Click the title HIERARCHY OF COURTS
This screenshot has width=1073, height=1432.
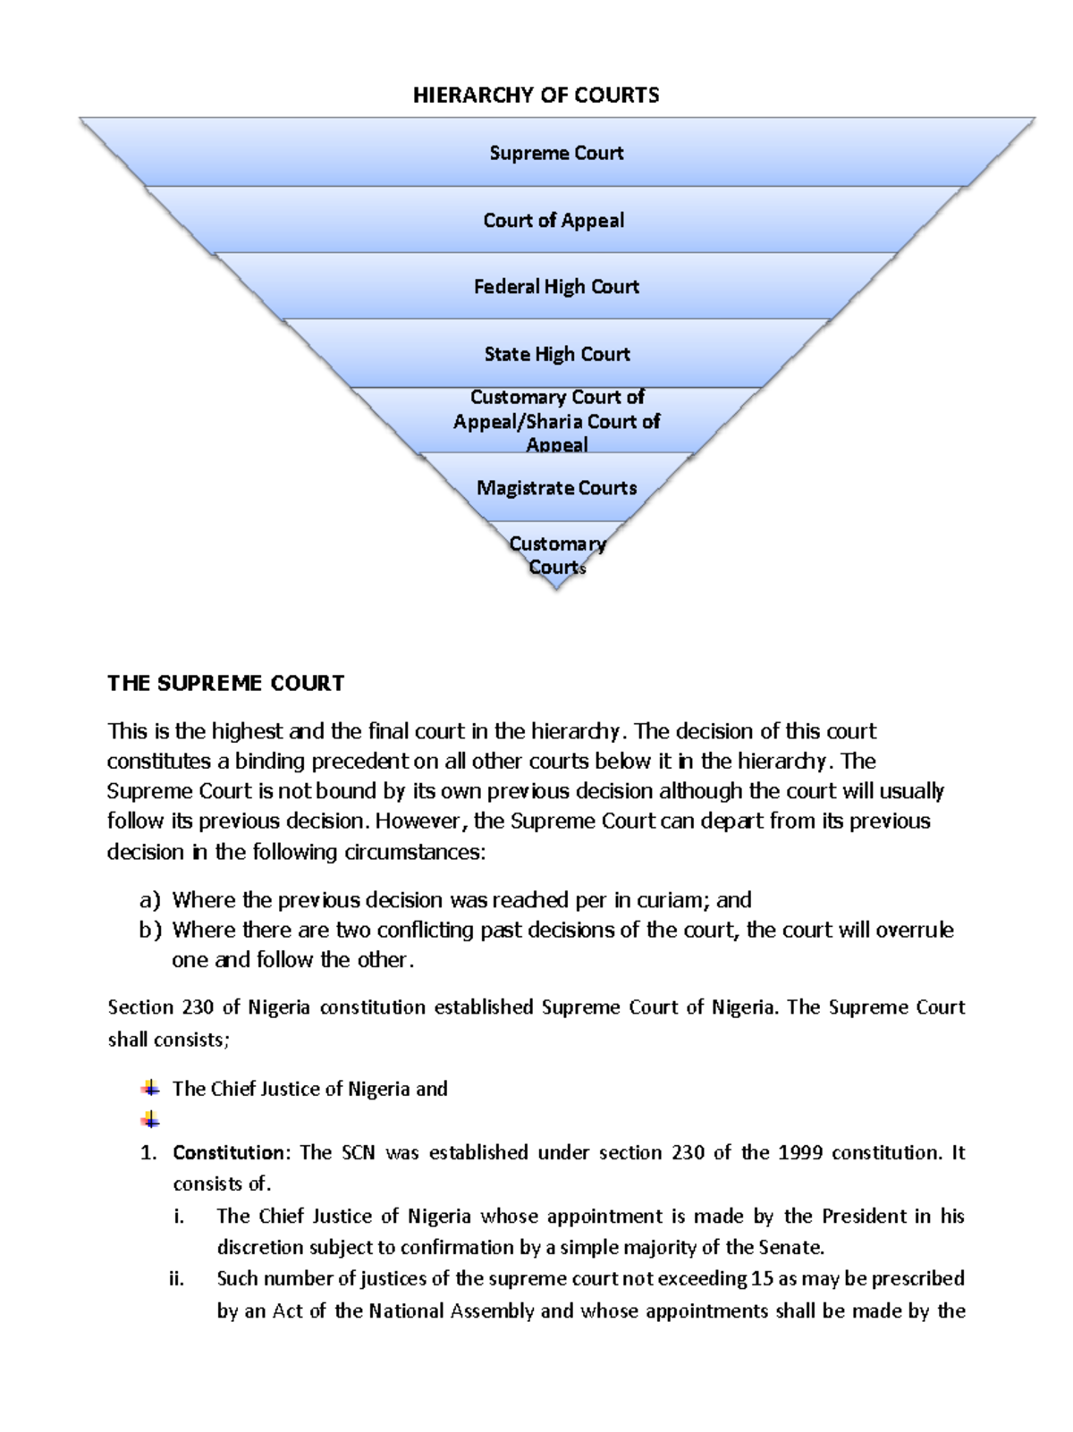536,96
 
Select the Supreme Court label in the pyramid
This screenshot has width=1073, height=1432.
556,153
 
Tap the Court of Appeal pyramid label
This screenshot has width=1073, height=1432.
553,220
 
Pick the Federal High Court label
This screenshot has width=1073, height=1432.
556,287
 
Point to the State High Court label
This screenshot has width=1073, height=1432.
557,354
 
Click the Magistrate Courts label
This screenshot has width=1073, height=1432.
556,488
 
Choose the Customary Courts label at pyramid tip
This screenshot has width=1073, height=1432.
557,555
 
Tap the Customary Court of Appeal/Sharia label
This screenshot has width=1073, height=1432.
556,420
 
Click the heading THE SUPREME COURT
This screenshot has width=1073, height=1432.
225,684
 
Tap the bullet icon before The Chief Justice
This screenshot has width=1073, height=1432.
150,1088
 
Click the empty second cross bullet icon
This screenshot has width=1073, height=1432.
150,1119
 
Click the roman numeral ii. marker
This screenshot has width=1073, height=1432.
177,1279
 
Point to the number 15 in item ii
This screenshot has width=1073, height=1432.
762,1279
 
